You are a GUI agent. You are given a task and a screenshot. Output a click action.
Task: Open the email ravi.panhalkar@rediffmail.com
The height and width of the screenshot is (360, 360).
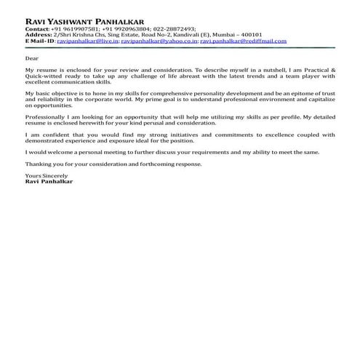click(x=243, y=41)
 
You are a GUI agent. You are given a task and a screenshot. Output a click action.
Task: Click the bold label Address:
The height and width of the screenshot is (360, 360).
click(x=38, y=36)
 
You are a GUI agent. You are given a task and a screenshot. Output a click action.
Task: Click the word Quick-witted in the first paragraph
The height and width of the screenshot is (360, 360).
click(x=41, y=77)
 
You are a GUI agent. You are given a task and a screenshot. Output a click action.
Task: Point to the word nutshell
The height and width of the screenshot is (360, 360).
click(x=280, y=71)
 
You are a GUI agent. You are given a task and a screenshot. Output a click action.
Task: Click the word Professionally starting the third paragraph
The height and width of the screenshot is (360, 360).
click(x=45, y=118)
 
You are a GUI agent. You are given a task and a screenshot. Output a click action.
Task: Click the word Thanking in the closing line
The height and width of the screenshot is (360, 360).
click(x=38, y=164)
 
